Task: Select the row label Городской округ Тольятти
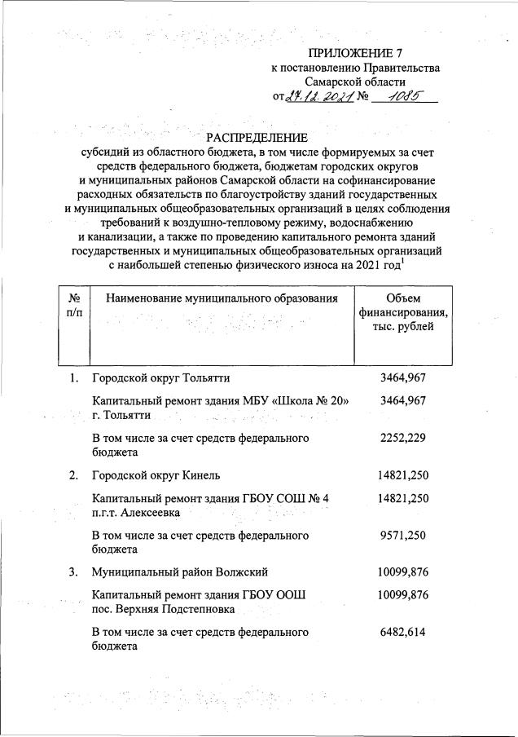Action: point(160,378)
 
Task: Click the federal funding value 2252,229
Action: point(403,438)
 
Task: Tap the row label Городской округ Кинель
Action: point(156,475)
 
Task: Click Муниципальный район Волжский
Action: point(180,572)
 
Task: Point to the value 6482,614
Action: point(403,632)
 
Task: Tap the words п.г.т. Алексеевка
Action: point(136,513)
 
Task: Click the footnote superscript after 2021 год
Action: point(403,259)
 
